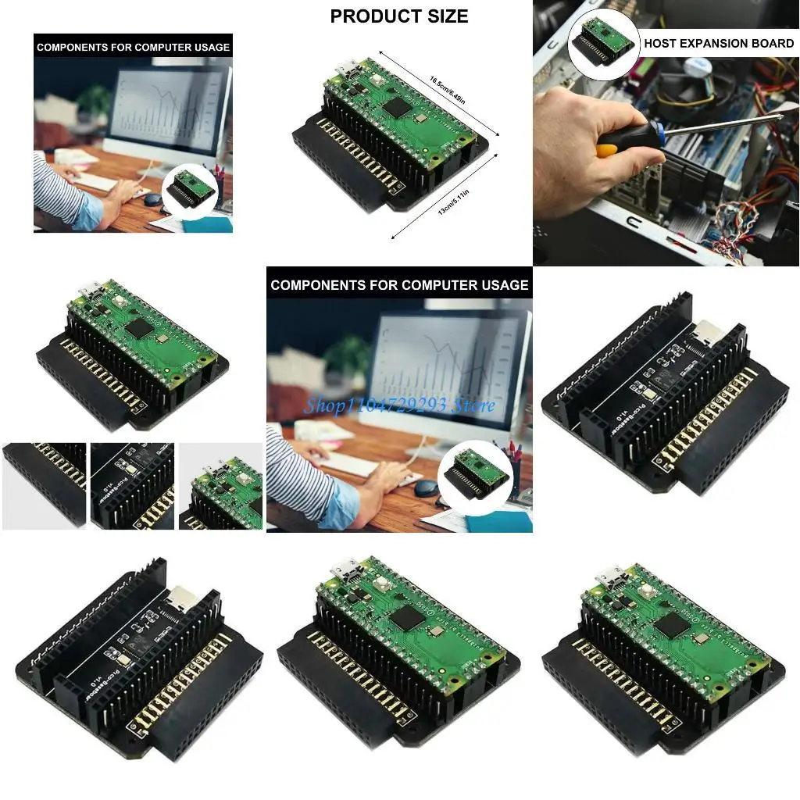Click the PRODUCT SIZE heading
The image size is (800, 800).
point(399,16)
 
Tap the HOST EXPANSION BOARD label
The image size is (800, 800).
point(718,44)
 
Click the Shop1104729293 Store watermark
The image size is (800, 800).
point(399,405)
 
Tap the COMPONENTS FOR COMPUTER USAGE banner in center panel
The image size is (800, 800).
point(399,285)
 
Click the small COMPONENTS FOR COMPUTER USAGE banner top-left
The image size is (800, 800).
point(133,47)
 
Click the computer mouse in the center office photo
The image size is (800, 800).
point(427,488)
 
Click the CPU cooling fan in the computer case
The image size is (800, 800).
point(687,86)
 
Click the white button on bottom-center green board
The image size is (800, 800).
point(383,584)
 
